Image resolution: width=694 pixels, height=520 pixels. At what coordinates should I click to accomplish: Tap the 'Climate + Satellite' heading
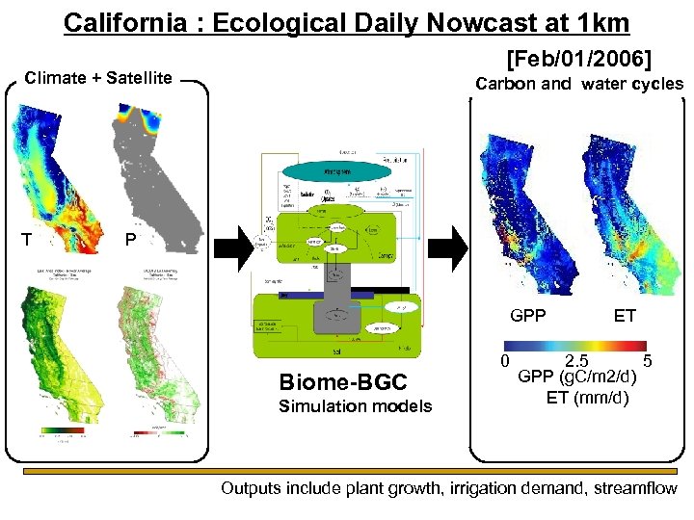point(98,78)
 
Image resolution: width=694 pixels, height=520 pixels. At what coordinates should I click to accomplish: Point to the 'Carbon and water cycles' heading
point(578,84)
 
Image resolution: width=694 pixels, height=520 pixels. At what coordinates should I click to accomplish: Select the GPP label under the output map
point(527,315)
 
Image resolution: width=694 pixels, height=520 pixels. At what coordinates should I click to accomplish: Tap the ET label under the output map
point(625,315)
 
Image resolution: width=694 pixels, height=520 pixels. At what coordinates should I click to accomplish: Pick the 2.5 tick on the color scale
point(576,362)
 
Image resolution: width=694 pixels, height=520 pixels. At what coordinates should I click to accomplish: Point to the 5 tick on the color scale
point(649,362)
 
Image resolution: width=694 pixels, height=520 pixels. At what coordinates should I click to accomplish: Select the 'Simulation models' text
point(355,405)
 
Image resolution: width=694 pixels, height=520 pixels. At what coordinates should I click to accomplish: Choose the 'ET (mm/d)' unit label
point(587,396)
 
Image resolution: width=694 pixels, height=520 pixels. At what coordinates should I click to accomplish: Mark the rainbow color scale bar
point(576,346)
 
